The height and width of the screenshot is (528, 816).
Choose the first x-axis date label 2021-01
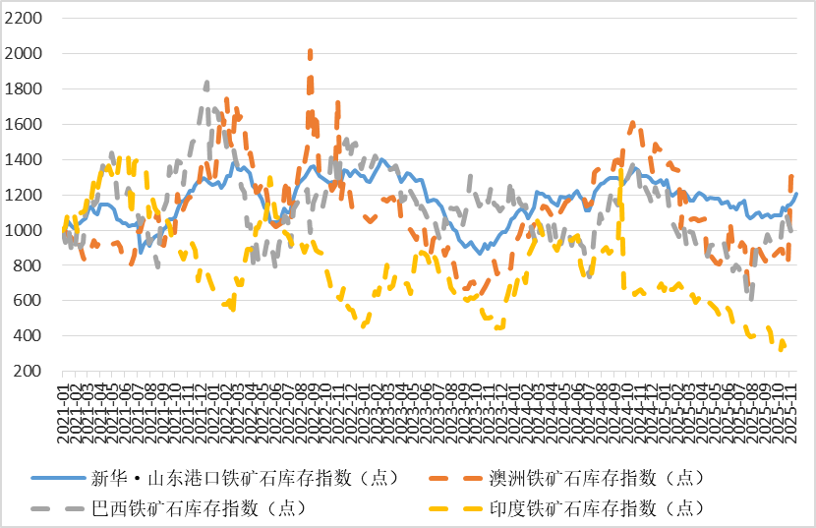(63, 403)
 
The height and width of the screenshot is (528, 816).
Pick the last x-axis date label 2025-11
(789, 403)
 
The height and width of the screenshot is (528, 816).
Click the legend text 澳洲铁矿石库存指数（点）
(596, 478)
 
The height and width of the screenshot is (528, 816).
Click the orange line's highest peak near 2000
(311, 51)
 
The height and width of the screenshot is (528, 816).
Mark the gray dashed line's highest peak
(205, 83)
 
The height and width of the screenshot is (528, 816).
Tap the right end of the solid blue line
(796, 194)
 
